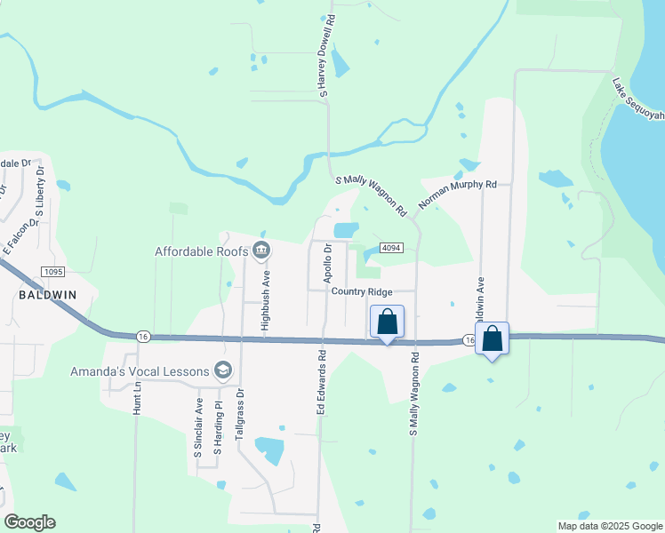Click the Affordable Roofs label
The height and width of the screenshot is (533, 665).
[203, 251]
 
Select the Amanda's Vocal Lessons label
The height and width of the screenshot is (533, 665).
[140, 371]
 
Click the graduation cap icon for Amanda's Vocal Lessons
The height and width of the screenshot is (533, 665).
[222, 371]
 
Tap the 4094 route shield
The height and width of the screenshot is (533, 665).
[391, 248]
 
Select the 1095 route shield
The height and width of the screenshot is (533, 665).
[52, 270]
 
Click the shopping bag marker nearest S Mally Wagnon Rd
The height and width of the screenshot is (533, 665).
[388, 322]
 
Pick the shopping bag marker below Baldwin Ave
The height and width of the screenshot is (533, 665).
[492, 338]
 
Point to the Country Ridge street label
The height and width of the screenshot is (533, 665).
[361, 291]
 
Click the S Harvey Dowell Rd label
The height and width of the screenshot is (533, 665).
[325, 55]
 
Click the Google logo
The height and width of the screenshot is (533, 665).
[29, 522]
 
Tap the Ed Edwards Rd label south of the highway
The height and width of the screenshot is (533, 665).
[322, 383]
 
